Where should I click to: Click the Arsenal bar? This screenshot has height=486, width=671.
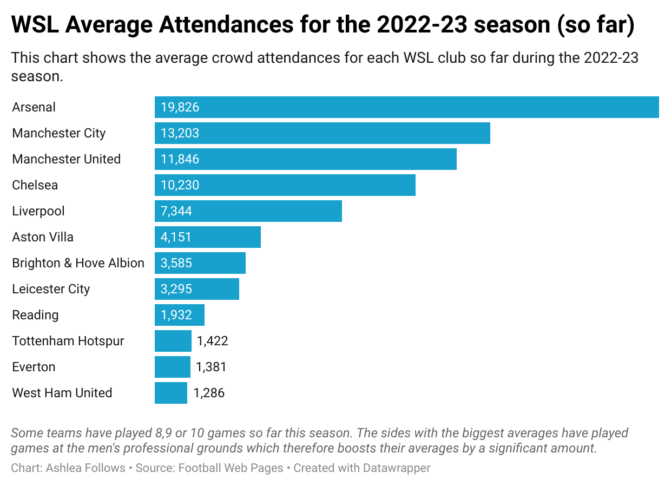coord(406,107)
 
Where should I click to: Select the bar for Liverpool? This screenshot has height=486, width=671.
coord(248,211)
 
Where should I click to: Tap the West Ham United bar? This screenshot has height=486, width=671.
coord(170,393)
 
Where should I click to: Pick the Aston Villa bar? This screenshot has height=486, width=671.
coord(207,237)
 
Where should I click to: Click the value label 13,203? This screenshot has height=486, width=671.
coord(180,133)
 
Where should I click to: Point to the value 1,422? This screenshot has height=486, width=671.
coord(212,341)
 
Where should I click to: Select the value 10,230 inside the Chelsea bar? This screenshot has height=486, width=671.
coord(180,185)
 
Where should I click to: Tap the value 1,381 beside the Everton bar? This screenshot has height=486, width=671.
coord(211,367)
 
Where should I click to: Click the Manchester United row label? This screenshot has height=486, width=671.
coord(66,159)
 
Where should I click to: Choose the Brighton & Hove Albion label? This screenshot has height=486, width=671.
coord(78,263)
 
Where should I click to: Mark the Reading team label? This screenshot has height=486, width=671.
coord(35,315)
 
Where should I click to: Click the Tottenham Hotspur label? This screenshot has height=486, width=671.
coord(68,341)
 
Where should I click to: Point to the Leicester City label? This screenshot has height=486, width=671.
coord(51,289)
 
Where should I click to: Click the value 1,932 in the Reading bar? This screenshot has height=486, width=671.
coord(176,315)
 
